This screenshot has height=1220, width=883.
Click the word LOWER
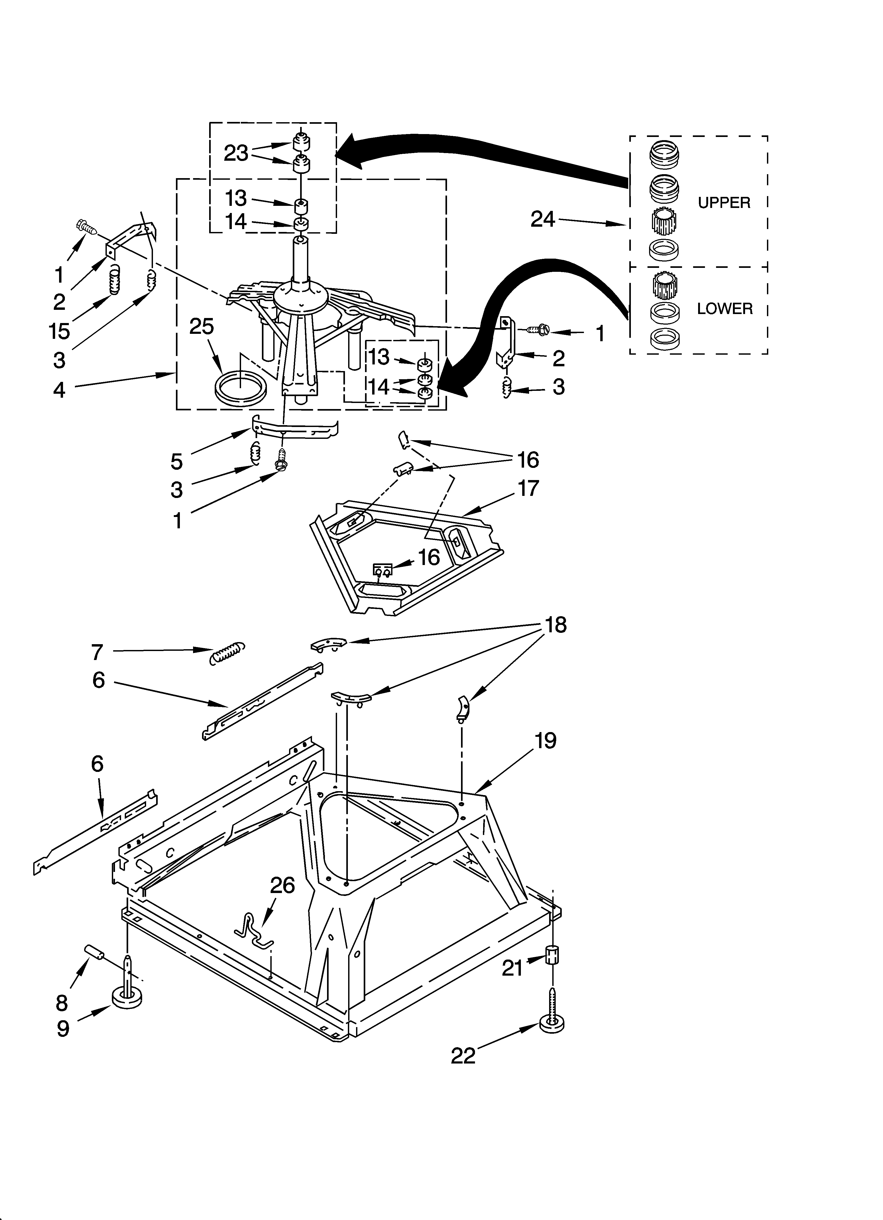pyautogui.click(x=724, y=309)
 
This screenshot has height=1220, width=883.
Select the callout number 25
pyautogui.click(x=202, y=326)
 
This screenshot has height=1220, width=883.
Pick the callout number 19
pyautogui.click(x=545, y=741)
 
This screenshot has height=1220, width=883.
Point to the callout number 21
pyautogui.click(x=512, y=968)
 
